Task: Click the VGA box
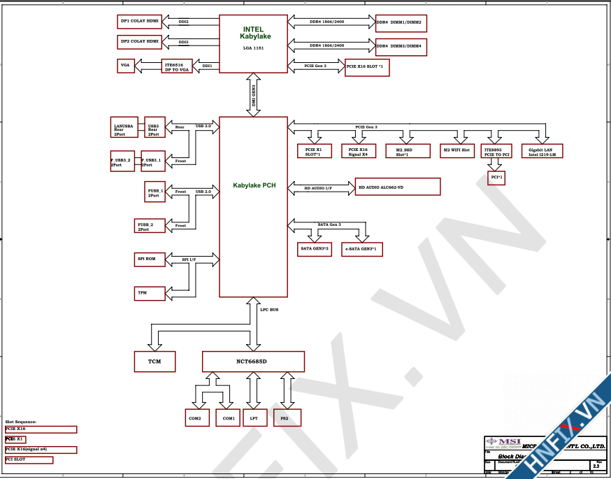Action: (x=126, y=66)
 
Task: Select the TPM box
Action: (x=150, y=292)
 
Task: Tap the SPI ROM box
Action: (x=150, y=259)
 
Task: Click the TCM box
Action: (x=154, y=361)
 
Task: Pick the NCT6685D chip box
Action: (x=254, y=361)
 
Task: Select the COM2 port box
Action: (x=195, y=418)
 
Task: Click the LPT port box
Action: (x=253, y=418)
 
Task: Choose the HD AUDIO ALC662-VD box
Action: (x=398, y=187)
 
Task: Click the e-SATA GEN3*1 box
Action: (x=362, y=248)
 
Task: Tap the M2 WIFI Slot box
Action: (x=457, y=150)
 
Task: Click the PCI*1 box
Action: (x=496, y=178)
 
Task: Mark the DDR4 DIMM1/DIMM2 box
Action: (x=401, y=23)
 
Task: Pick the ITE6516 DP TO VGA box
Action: (x=177, y=66)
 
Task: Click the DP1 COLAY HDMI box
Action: (x=140, y=22)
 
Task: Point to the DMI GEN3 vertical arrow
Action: (x=254, y=96)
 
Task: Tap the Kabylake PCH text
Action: (x=254, y=186)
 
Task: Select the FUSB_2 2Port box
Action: (x=150, y=225)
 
